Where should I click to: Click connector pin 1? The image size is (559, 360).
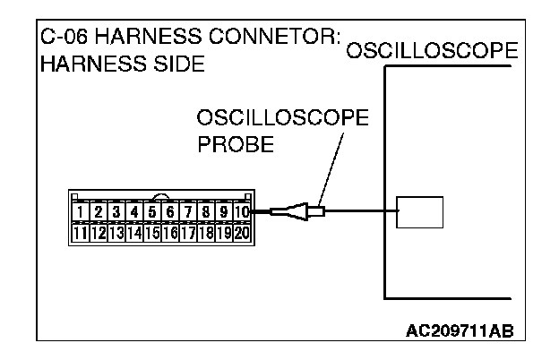tap(82, 213)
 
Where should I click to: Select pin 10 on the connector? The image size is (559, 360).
tap(242, 213)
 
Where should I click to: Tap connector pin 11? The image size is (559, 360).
tap(82, 233)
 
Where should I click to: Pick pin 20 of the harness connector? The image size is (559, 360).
tap(242, 233)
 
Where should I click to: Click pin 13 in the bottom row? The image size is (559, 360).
tap(116, 233)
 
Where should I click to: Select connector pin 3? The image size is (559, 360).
tap(116, 213)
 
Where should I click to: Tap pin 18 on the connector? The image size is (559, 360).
tap(205, 233)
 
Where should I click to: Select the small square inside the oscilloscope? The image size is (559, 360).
tap(420, 211)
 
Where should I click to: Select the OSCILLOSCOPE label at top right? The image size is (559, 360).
tap(431, 51)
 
